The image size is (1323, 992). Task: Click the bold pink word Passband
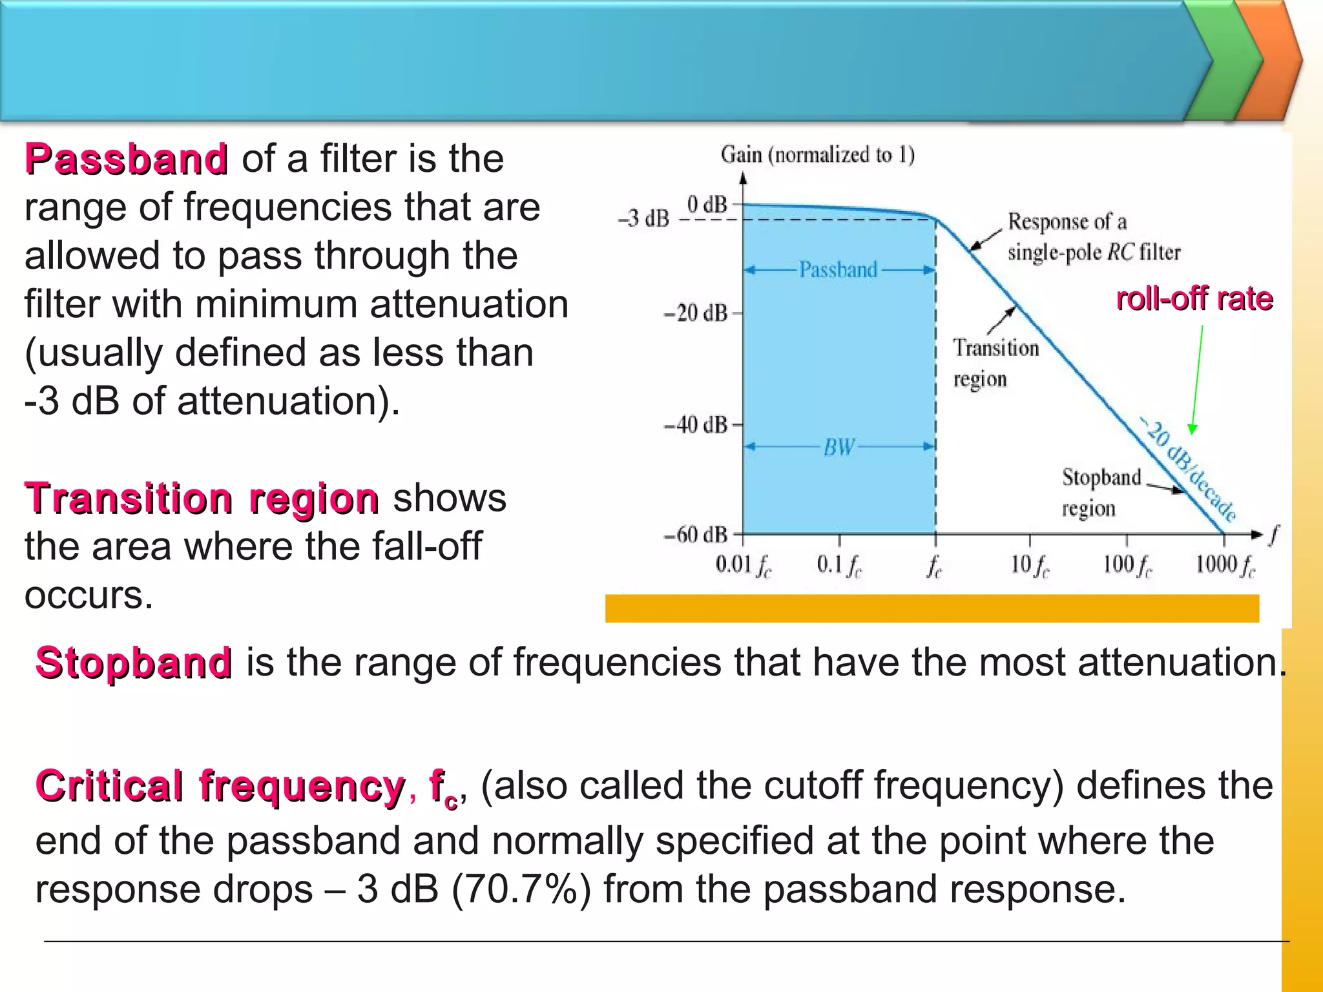coord(126,159)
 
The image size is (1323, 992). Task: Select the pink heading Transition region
coord(202,499)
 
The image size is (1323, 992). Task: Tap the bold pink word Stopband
coord(134,663)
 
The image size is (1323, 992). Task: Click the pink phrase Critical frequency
coord(220,785)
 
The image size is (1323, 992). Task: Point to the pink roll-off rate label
coord(1194,299)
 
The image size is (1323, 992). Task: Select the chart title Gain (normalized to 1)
coord(817,155)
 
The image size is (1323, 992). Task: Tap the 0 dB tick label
coord(707,205)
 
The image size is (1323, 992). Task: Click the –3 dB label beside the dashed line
coord(643,219)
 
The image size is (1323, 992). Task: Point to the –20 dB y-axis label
coord(695,314)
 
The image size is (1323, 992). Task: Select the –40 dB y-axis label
coord(695,425)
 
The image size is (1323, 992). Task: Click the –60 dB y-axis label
coord(695,535)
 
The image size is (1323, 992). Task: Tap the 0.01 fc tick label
coord(743,565)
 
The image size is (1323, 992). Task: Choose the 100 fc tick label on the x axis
coord(1127,565)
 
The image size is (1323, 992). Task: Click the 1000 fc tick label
coord(1225,565)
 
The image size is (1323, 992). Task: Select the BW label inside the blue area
coord(839,447)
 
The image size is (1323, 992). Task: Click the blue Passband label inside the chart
coord(838,269)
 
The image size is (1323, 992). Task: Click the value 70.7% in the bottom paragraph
coord(521,890)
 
